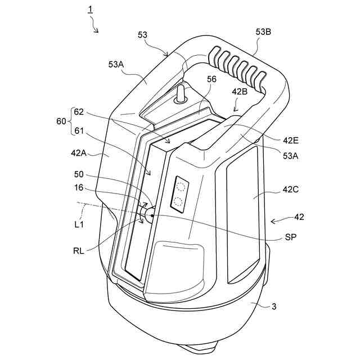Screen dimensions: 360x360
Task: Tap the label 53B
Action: pyautogui.click(x=263, y=32)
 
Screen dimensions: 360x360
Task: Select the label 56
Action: pyautogui.click(x=211, y=80)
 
